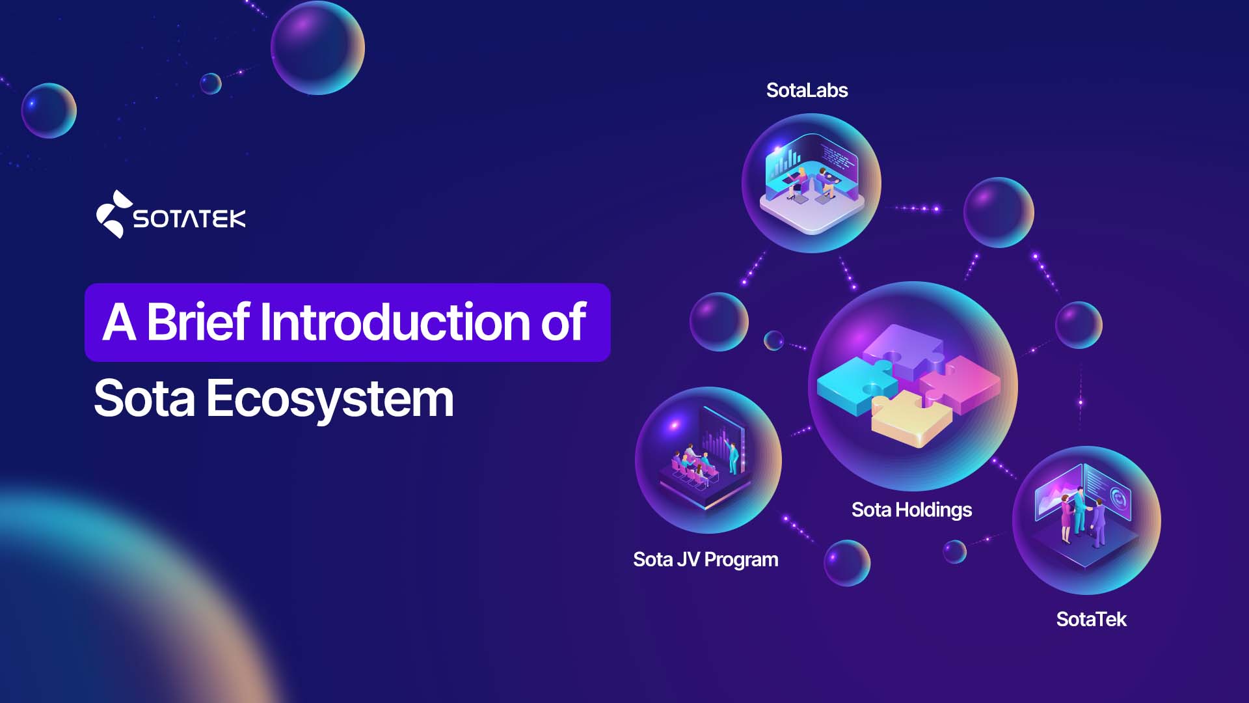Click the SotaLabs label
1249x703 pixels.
tap(807, 90)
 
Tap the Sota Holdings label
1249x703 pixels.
tap(911, 510)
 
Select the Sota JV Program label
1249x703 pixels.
tap(705, 560)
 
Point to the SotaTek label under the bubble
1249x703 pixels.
tap(1091, 619)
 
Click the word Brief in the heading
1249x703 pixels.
tap(198, 322)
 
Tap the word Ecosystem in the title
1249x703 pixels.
tap(330, 399)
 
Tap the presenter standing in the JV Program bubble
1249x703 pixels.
tap(733, 457)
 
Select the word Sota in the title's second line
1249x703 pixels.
tap(144, 399)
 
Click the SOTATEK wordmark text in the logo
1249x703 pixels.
tap(189, 219)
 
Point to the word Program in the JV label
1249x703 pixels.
tap(741, 560)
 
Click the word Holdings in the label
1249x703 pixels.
tap(933, 510)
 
